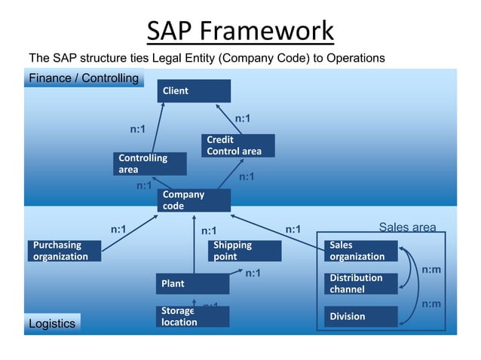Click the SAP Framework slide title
coord(240,31)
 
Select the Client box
coord(193,91)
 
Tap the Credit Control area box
coord(238,145)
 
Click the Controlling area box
coord(151,163)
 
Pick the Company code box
coord(194,200)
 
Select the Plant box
coord(193,284)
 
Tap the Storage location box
coord(193,316)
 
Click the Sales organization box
coord(362,251)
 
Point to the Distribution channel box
coord(362,283)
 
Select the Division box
coord(362,316)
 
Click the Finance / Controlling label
coord(83,78)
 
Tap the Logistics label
coord(52,323)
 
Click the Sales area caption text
coord(407,227)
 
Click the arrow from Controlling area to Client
coord(157,128)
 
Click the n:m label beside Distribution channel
coord(431,269)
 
